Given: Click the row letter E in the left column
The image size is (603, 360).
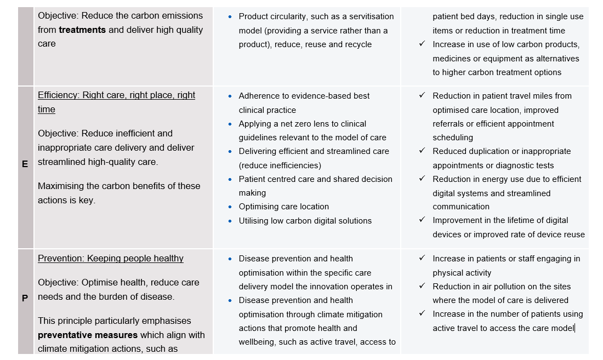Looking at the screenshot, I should coord(25,163).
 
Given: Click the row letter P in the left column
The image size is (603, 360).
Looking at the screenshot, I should coord(25,298).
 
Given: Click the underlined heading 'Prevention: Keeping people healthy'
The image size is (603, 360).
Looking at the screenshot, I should coord(110,259).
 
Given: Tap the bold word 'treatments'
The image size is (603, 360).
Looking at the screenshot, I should coord(82,30).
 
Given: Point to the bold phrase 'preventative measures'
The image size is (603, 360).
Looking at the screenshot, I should coord(88,335).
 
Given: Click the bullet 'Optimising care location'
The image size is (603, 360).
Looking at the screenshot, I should coord(283,207).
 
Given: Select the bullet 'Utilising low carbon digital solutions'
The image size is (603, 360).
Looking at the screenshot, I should coord(305,221).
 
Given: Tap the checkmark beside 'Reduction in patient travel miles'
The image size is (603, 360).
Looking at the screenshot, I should coord(422,95).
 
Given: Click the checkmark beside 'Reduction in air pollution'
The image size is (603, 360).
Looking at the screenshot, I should coord(422,286).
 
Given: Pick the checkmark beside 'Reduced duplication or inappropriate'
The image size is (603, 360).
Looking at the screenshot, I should coord(422,151).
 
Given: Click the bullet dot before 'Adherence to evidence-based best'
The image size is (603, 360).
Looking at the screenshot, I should coord(230,96).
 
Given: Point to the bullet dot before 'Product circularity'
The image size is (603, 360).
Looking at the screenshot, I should coord(230,17).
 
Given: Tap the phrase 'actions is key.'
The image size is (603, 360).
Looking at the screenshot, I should coord(66,200).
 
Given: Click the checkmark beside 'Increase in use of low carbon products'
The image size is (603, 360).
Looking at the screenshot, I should coord(422,44).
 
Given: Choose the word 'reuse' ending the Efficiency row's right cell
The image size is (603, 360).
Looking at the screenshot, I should coord(573,235).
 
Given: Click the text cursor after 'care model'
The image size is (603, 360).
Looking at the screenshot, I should coord(574,328).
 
